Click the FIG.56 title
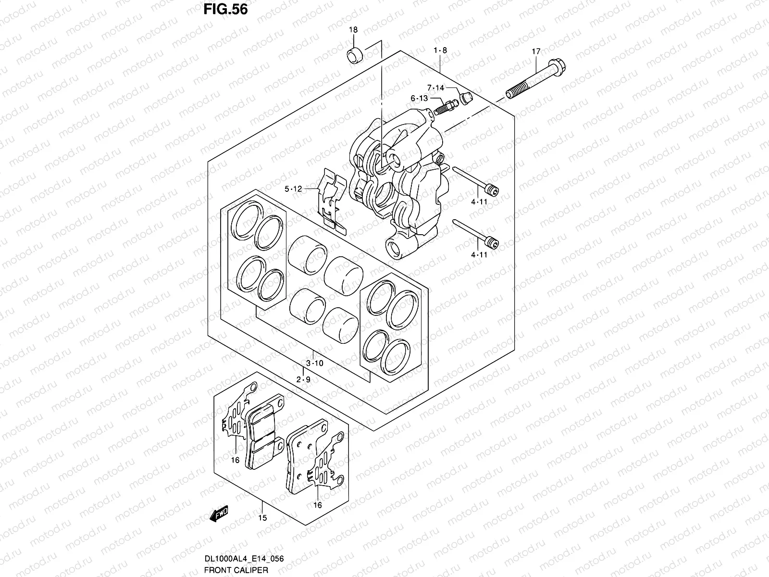click(x=225, y=9)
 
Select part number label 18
click(x=353, y=30)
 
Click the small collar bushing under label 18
click(x=355, y=55)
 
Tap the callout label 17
click(x=536, y=51)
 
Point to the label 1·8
click(x=440, y=50)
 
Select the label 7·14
click(x=435, y=88)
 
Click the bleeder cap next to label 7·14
click(x=466, y=98)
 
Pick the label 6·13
click(x=420, y=99)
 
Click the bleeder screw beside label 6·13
click(x=445, y=107)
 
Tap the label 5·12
click(x=293, y=189)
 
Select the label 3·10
click(x=315, y=364)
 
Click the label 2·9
click(x=303, y=379)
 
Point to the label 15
click(x=262, y=517)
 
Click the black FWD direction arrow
click(x=219, y=514)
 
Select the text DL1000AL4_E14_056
click(x=244, y=558)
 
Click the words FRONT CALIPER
click(x=236, y=570)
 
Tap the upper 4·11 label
click(x=479, y=202)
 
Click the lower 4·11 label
click(x=479, y=255)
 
